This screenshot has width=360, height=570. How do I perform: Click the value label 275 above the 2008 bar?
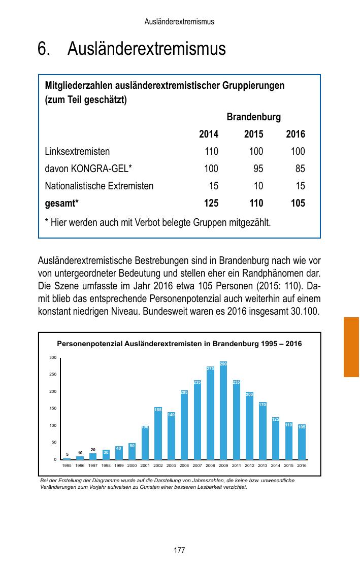(x=210, y=368)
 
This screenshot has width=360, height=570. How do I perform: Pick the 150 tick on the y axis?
(x=53, y=409)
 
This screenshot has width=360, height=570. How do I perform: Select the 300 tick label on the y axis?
(x=53, y=358)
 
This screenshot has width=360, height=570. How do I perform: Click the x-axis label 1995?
(x=67, y=465)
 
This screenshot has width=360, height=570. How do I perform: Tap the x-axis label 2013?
(x=263, y=465)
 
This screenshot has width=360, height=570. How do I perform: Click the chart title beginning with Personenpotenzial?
(x=179, y=344)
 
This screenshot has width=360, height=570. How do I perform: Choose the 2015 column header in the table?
(x=253, y=135)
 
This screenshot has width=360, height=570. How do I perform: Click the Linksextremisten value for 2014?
(x=211, y=151)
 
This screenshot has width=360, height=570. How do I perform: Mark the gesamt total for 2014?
(x=211, y=203)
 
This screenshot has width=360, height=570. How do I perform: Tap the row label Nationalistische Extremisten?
(x=99, y=186)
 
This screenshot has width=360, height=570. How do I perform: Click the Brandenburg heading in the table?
(x=253, y=117)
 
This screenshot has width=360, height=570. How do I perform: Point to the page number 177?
(x=179, y=551)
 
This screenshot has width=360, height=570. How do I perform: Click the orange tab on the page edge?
(x=351, y=347)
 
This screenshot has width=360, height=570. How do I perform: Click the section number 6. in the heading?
(x=44, y=50)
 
